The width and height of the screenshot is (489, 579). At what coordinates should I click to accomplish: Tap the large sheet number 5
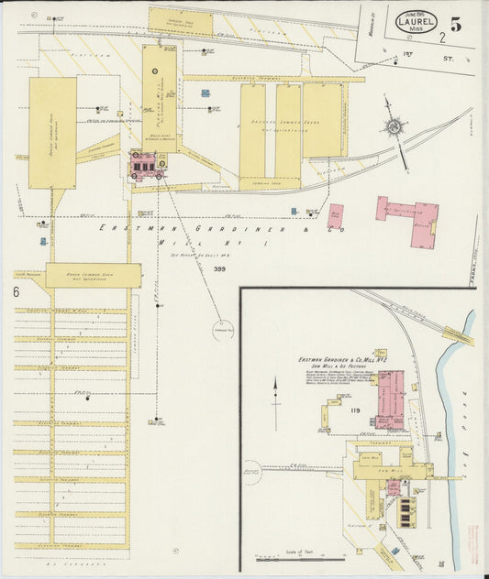(x=455, y=25)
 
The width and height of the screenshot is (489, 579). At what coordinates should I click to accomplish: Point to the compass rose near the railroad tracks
(x=395, y=126)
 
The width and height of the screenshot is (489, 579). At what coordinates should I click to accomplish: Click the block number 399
(x=219, y=268)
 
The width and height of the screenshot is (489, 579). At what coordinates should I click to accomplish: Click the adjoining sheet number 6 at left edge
(x=17, y=292)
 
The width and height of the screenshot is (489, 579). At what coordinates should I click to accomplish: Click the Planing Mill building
(x=159, y=98)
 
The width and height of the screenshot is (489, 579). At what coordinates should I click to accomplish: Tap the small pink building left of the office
(x=336, y=216)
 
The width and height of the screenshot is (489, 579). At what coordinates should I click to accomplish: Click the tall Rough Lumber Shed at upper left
(x=52, y=132)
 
